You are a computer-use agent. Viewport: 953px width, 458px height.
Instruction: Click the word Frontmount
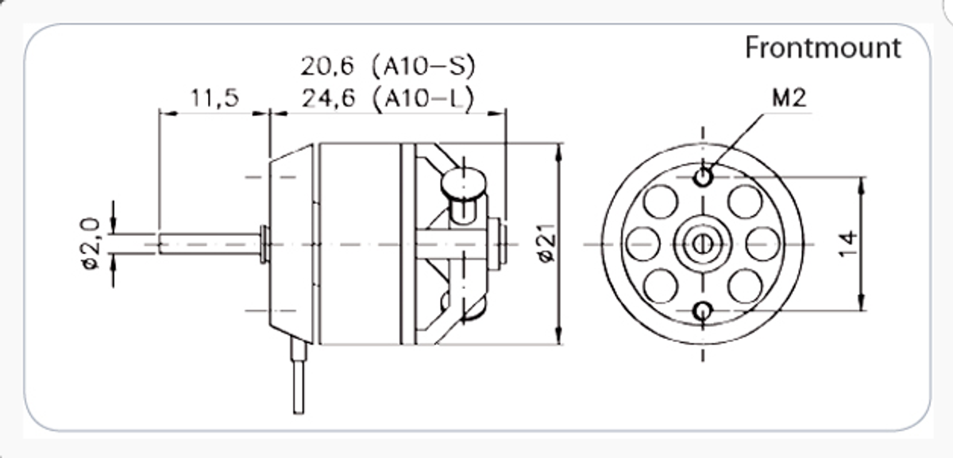point(823,48)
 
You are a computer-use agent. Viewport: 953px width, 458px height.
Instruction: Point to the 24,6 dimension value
point(326,98)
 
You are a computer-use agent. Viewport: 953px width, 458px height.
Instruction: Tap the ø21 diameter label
point(544,245)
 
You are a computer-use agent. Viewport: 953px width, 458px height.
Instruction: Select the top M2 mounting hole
point(703,176)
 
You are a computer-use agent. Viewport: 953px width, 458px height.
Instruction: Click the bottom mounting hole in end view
point(703,310)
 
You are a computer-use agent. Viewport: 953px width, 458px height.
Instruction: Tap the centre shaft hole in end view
point(702,243)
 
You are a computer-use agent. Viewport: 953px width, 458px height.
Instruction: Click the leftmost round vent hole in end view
point(642,243)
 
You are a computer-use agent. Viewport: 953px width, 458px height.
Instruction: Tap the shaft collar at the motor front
point(264,243)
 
